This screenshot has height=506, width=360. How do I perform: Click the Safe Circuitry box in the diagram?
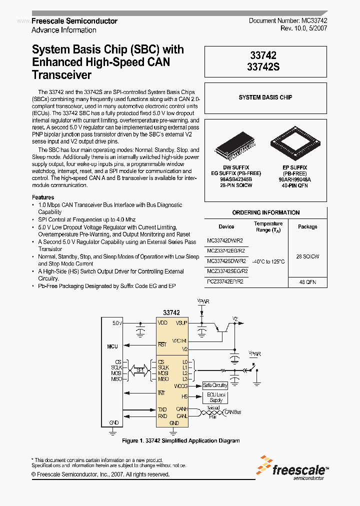click(215, 385)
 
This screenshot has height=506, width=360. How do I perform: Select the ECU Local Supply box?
click(215, 397)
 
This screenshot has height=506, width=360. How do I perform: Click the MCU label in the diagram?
click(112, 346)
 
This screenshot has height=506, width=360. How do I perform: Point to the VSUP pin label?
click(181, 323)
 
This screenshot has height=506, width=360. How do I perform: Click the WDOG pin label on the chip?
click(180, 386)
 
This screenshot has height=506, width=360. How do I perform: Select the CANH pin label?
click(181, 409)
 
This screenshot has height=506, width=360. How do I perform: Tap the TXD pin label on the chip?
click(162, 409)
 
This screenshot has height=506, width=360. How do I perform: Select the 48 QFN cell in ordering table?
click(307, 282)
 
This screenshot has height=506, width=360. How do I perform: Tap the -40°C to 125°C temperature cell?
click(268, 261)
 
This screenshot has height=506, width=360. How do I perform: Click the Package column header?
click(307, 226)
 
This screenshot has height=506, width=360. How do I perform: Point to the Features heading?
click(43, 197)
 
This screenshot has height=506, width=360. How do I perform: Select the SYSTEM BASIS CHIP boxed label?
click(265, 97)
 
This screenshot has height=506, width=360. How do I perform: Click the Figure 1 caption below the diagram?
click(181, 440)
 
